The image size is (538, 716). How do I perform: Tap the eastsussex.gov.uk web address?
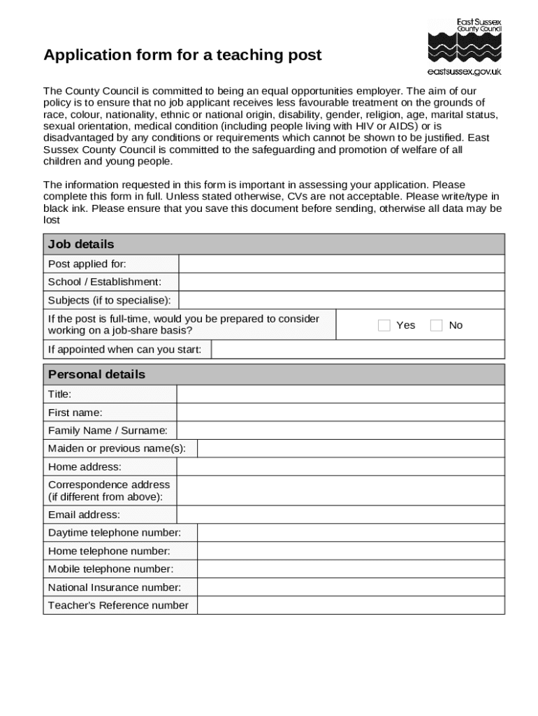coord(464,71)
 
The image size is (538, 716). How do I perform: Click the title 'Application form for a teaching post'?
coord(182,55)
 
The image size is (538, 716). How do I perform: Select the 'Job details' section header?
coord(81,244)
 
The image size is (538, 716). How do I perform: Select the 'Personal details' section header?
coord(96,374)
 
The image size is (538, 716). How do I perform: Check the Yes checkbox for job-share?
coord(384,325)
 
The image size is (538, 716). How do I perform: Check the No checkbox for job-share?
coord(437,325)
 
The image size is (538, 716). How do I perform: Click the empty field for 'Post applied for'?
coord(341,264)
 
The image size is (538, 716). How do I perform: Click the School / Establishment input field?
coord(341,282)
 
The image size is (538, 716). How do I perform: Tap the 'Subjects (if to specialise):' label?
coord(109,300)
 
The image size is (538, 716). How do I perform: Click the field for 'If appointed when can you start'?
coord(357,349)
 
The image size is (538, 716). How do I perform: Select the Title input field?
coord(340,394)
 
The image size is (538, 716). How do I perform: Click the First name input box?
coord(340,413)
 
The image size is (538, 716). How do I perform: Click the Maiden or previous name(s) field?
coord(350,448)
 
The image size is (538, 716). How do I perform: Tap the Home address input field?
coord(340,466)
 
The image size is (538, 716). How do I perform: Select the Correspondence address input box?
coord(340,490)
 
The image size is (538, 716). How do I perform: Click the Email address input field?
coord(340,515)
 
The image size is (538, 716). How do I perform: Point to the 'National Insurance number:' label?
coord(115,587)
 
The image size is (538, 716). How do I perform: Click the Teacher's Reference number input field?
coord(350,606)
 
